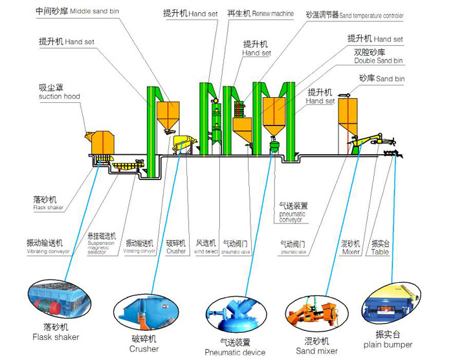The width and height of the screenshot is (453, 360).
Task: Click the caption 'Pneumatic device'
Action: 235,353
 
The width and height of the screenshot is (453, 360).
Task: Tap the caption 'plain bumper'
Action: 389,345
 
